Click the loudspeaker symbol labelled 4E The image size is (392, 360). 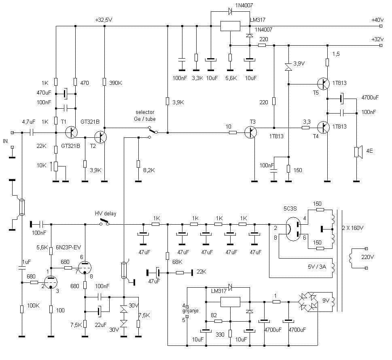(x=358, y=152)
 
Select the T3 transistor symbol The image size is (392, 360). (x=250, y=133)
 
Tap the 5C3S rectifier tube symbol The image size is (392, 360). (x=293, y=229)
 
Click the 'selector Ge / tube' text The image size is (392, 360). (x=145, y=116)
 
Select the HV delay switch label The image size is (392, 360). (x=106, y=213)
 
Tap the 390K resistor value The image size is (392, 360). (x=115, y=83)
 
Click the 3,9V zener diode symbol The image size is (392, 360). (x=288, y=66)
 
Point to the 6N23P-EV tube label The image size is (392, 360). (x=68, y=247)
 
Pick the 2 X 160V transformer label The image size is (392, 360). (x=352, y=228)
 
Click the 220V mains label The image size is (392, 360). (x=367, y=257)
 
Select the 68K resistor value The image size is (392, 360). (x=177, y=262)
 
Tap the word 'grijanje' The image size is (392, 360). (x=191, y=311)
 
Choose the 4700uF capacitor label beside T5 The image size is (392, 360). (x=370, y=97)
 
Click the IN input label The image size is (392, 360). (x=5, y=141)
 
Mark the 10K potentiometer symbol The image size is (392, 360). (x=56, y=166)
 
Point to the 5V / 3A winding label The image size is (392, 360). (x=317, y=266)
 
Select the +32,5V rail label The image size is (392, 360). (x=104, y=20)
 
